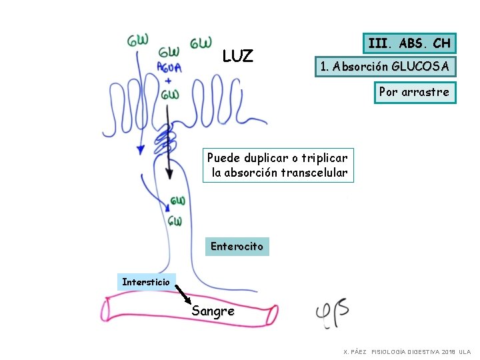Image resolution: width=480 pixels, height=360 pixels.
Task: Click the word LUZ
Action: click(x=237, y=56)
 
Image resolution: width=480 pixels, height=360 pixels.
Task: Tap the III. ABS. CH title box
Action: click(x=409, y=44)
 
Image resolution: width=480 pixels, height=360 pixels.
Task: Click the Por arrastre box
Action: click(x=414, y=92)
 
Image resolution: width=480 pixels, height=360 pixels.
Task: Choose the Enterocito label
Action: click(x=237, y=247)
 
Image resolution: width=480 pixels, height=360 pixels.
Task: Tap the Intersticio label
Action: click(x=146, y=282)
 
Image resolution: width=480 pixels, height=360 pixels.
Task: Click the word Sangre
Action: click(x=213, y=311)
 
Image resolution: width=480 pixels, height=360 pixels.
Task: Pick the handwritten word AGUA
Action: click(x=169, y=67)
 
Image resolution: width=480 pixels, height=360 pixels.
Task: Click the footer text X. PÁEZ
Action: click(x=355, y=351)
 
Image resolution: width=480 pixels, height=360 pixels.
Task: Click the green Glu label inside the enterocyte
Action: click(x=177, y=201)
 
